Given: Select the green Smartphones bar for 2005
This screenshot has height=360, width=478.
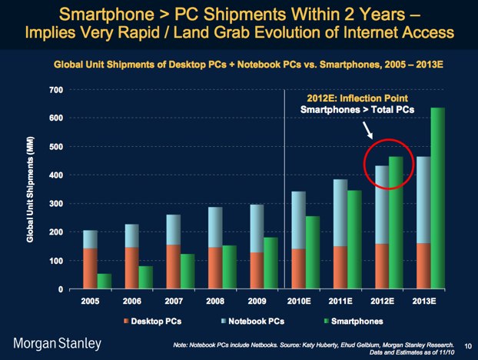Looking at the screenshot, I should [104, 281].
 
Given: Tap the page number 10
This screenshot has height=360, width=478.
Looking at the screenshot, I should [468, 345].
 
